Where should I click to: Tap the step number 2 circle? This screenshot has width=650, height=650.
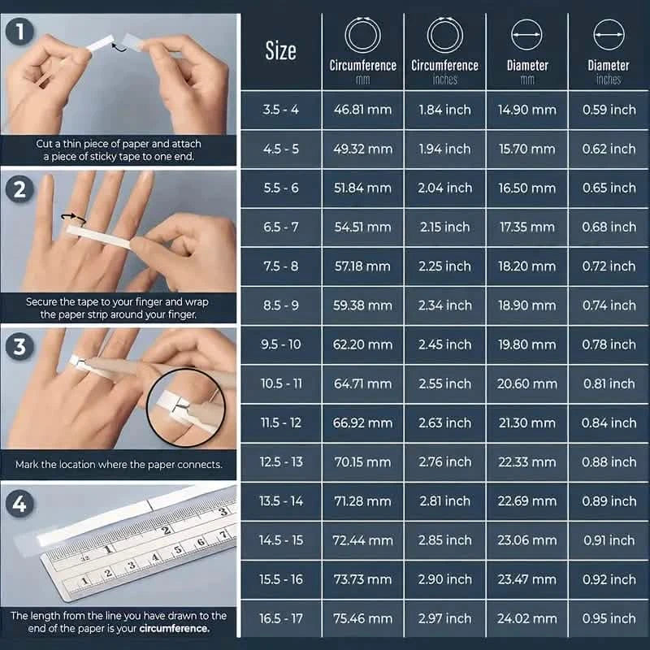(18, 189)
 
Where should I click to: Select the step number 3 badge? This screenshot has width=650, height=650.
(18, 347)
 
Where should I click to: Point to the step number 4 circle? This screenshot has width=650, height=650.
(18, 504)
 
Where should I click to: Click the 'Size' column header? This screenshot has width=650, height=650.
(280, 51)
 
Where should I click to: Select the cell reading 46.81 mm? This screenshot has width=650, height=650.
(362, 110)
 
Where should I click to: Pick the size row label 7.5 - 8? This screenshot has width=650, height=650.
(280, 266)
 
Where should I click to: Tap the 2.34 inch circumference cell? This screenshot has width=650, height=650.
(445, 305)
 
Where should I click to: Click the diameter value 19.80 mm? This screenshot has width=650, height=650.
(527, 344)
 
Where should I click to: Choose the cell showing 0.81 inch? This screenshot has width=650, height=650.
(609, 383)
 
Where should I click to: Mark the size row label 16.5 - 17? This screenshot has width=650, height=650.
(280, 619)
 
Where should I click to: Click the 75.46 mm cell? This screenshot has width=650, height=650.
(362, 619)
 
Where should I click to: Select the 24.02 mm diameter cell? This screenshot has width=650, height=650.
(527, 619)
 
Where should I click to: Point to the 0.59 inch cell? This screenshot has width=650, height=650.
(609, 110)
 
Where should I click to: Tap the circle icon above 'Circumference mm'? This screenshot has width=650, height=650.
(362, 36)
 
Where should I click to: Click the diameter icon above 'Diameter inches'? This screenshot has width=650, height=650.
(609, 36)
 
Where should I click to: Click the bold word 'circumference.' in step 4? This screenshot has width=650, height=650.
(174, 628)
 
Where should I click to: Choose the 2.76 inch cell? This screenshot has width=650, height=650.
(445, 462)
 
